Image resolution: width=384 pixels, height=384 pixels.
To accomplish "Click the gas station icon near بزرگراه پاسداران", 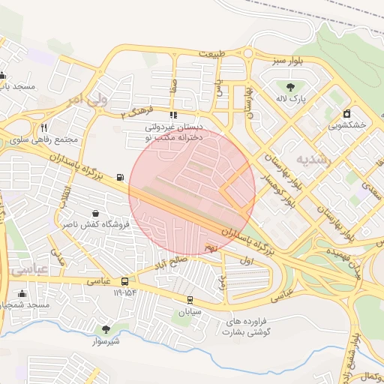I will pyautogui.click(x=119, y=177).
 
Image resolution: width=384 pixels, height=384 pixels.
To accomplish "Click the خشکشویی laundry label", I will pyautogui.click(x=347, y=126).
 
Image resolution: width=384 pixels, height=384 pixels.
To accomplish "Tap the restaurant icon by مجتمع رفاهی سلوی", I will pyautogui.click(x=44, y=127).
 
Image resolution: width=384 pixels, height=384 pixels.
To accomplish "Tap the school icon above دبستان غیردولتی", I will pyautogui.click(x=173, y=115).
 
